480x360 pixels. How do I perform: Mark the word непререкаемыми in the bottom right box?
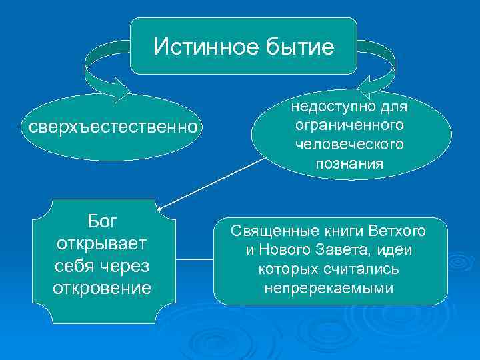pos(329,289)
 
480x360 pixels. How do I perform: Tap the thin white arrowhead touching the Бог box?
pos(160,209)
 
